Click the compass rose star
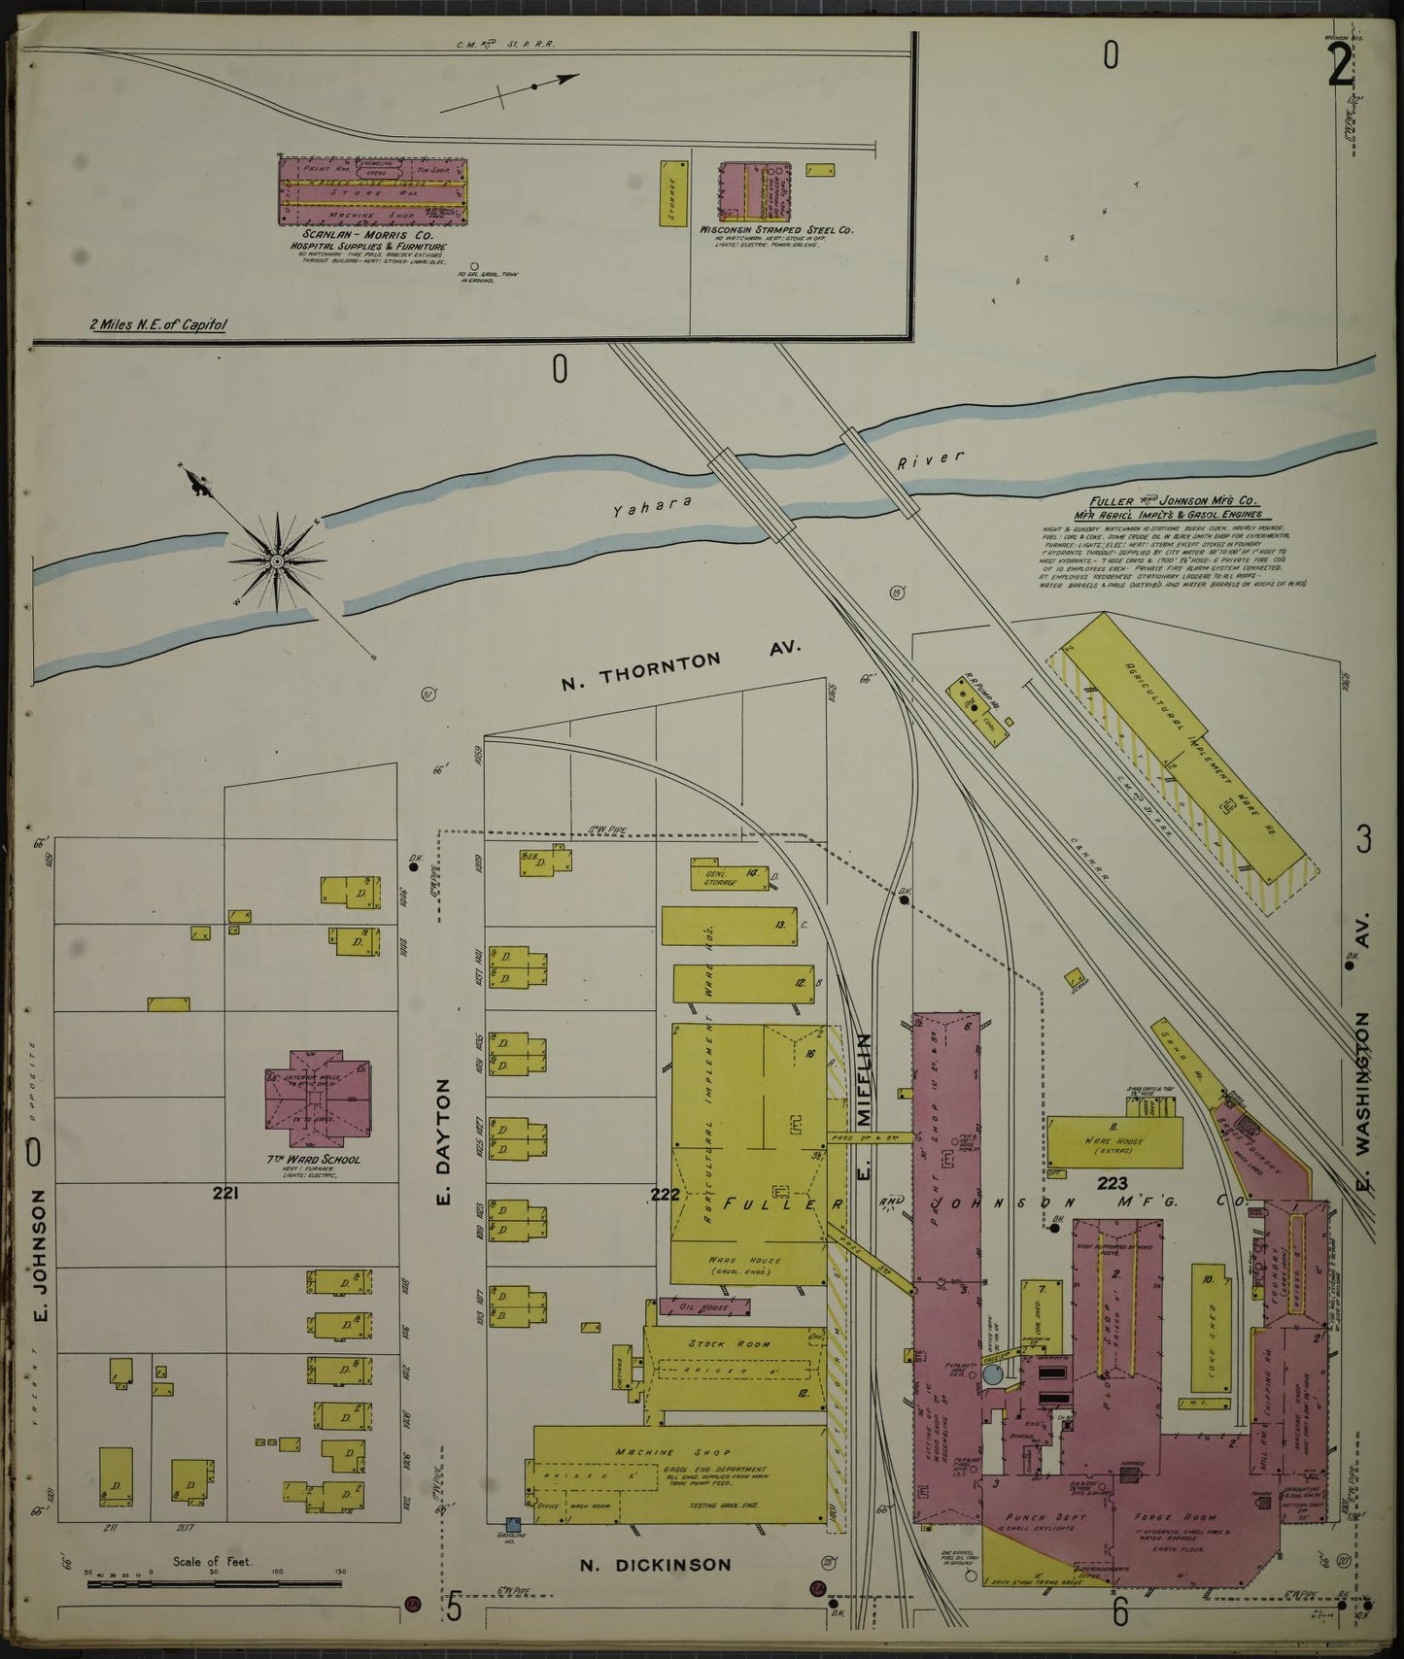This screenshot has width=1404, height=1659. coord(277,561)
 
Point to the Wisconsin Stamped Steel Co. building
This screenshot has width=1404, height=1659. coord(753,190)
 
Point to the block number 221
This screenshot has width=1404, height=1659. coord(226,1194)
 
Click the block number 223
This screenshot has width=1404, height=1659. coord(1112,1183)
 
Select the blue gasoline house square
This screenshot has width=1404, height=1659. coord(513,1553)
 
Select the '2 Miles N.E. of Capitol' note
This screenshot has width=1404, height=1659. coord(158,324)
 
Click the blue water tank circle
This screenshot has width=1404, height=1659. coord(993,1374)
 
